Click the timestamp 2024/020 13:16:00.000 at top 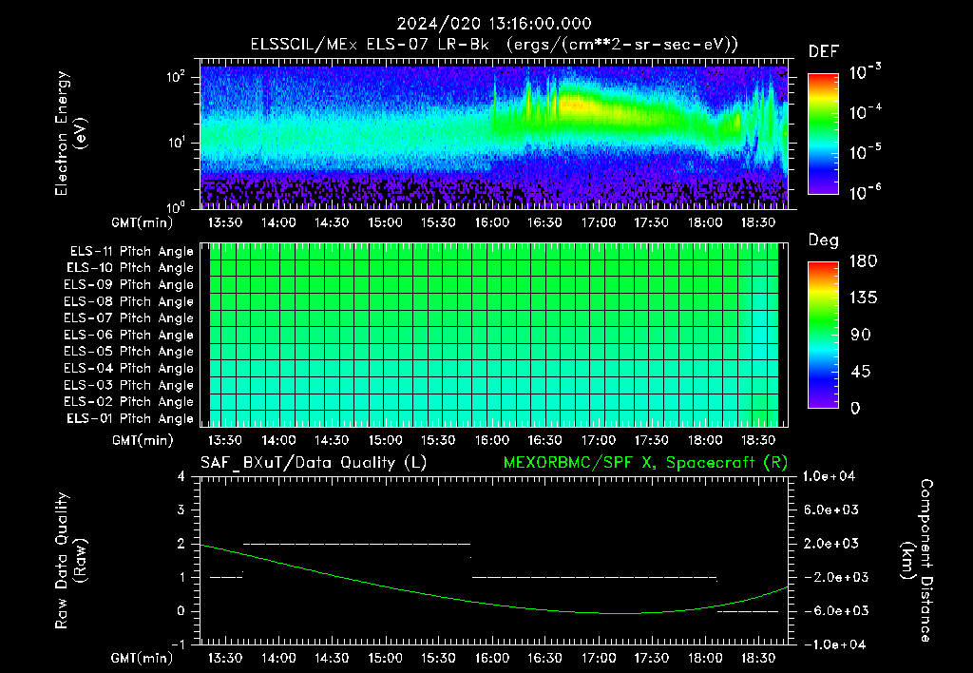tap(494, 24)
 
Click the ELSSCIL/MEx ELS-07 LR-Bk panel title tap(370, 45)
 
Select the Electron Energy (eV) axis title tap(70, 133)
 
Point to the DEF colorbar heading tap(824, 51)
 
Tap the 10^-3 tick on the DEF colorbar tap(865, 72)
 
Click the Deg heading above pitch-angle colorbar tap(824, 240)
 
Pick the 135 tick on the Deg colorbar tap(863, 298)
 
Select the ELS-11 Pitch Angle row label tap(131, 252)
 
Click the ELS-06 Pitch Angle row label tap(128, 336)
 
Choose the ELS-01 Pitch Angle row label tap(130, 419)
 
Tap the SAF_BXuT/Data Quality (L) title tap(314, 463)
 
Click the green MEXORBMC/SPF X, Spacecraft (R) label tap(645, 463)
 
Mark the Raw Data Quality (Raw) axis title tap(70, 561)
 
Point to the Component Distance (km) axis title tap(917, 561)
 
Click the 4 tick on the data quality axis tap(181, 476)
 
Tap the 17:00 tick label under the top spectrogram tap(599, 222)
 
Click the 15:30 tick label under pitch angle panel tap(438, 440)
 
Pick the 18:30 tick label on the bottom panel tap(758, 658)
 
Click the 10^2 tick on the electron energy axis tap(176, 77)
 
